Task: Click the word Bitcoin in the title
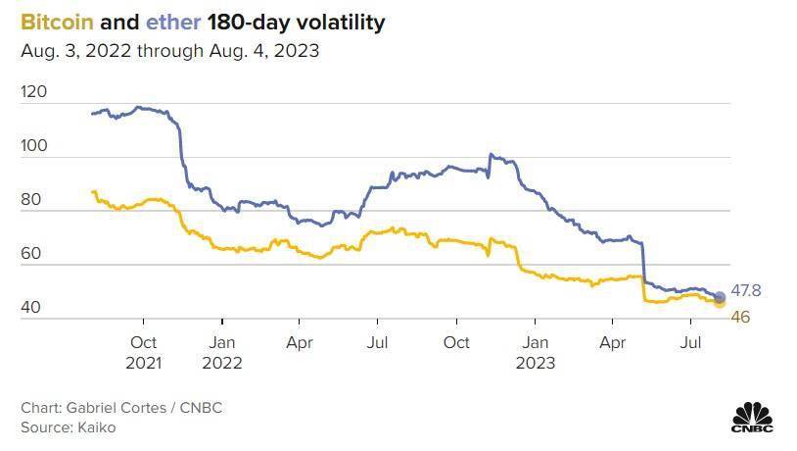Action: tap(50, 22)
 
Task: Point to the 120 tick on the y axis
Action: tap(33, 91)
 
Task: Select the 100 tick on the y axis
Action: tap(33, 145)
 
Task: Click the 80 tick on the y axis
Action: tap(29, 199)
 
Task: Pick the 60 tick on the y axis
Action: tap(29, 253)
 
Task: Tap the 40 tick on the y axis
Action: tap(29, 307)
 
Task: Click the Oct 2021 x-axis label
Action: tap(144, 352)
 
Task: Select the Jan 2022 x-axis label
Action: tap(222, 352)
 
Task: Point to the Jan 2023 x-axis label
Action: tap(535, 352)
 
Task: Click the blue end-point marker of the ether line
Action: tap(720, 297)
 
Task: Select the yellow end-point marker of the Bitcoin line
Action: tap(720, 303)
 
